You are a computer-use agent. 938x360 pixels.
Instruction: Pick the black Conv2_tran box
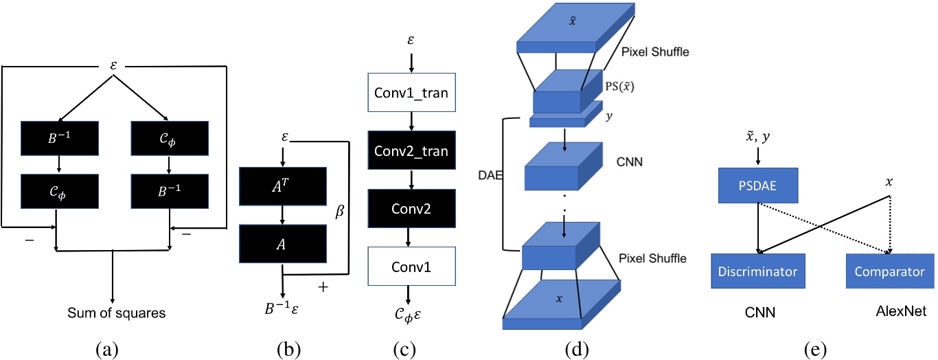(x=411, y=152)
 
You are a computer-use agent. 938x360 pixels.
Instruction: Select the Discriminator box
(x=757, y=271)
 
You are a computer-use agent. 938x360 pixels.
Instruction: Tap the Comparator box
(x=889, y=271)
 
